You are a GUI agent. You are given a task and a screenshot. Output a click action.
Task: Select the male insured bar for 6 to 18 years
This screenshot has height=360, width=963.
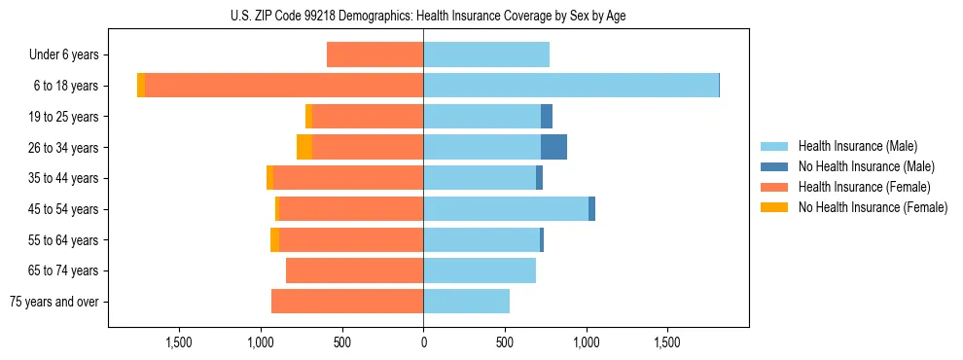(571, 86)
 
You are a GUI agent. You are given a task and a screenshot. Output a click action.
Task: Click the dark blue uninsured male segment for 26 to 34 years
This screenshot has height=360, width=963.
(553, 148)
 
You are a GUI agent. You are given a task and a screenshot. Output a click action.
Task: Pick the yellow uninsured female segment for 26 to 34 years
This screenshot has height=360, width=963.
(304, 148)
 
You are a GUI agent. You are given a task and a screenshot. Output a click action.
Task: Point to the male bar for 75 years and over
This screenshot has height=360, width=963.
(466, 302)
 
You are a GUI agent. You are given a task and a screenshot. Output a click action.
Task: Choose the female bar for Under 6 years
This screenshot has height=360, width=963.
(374, 55)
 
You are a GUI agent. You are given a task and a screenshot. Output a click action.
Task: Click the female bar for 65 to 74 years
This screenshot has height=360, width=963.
(354, 270)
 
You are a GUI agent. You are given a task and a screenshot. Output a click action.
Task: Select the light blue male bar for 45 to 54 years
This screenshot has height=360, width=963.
(506, 209)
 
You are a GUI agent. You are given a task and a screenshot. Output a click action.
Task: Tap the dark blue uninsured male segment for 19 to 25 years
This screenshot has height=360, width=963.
(547, 117)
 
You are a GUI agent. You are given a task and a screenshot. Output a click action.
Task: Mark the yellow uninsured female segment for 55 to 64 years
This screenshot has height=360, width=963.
(275, 240)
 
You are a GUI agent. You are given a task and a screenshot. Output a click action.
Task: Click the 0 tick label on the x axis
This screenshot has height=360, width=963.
(423, 342)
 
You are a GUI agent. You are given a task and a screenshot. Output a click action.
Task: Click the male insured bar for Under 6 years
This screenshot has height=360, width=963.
(486, 55)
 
